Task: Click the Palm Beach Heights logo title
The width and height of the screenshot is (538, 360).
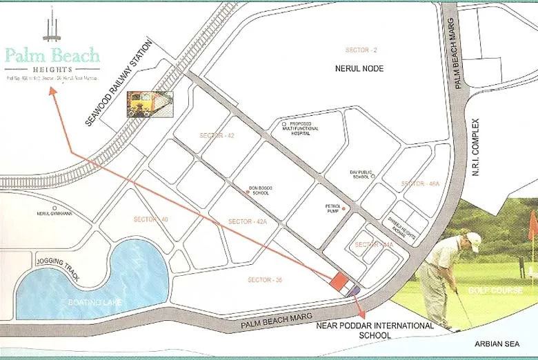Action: click(52, 55)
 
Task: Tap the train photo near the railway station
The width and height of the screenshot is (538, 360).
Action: click(150, 104)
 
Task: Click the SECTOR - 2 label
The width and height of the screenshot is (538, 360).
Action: click(361, 50)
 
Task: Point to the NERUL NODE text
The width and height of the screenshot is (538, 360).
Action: click(359, 69)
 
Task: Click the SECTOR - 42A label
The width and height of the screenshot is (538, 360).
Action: click(254, 221)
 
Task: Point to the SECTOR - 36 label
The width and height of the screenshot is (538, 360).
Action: click(264, 280)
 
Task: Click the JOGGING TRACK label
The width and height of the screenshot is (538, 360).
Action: click(58, 268)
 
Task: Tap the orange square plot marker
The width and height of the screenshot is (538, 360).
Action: click(339, 281)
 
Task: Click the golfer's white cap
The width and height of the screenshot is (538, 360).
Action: click(473, 238)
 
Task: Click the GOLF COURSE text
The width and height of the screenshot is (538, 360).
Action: click(495, 290)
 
